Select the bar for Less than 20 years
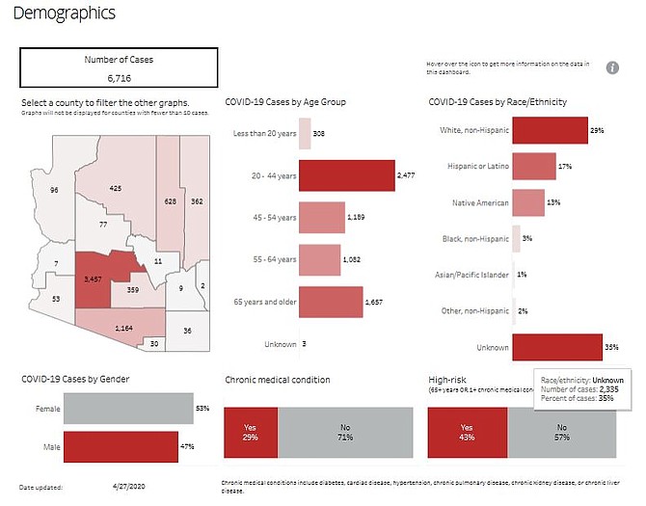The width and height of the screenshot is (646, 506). pos(305,134)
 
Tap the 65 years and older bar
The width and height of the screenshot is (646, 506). pos(332,302)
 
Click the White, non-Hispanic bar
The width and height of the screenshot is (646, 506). pos(550,130)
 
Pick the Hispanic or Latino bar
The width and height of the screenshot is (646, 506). pos(533,167)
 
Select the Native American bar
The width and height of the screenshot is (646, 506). pos(528,202)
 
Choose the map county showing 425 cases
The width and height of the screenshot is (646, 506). pos(116,188)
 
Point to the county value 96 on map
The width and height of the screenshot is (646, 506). pos(54,190)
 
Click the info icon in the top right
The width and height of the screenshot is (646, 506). pos(612,67)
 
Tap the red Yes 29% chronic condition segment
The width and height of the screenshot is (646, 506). pos(251,432)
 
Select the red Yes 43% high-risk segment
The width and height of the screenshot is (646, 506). pos(468,432)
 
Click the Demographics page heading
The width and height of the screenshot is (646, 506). pos(66,13)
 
